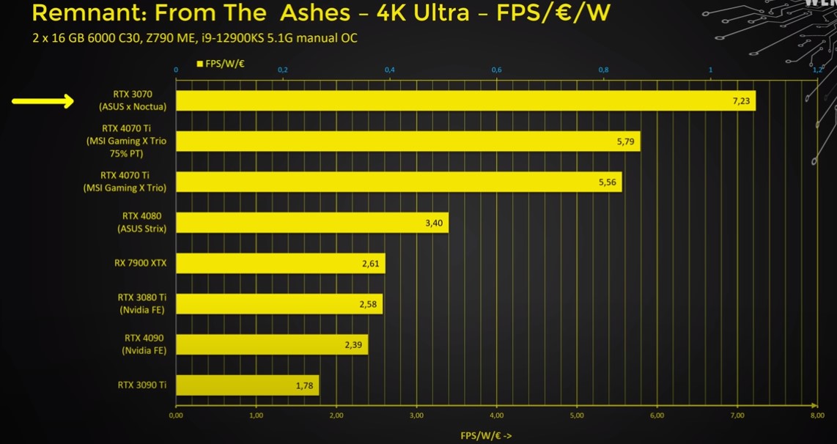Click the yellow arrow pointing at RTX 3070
click(43, 101)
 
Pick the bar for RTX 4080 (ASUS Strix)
click(311, 222)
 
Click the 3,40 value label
click(434, 222)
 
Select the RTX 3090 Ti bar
click(247, 385)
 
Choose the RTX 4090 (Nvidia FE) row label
click(144, 344)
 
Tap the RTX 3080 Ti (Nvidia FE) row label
click(142, 303)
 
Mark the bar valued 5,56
click(399, 182)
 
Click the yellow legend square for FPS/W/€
click(200, 64)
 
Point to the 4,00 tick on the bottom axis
click(497, 415)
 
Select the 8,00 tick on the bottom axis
click(817, 415)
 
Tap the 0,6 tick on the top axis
click(496, 70)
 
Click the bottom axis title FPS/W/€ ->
click(486, 436)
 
